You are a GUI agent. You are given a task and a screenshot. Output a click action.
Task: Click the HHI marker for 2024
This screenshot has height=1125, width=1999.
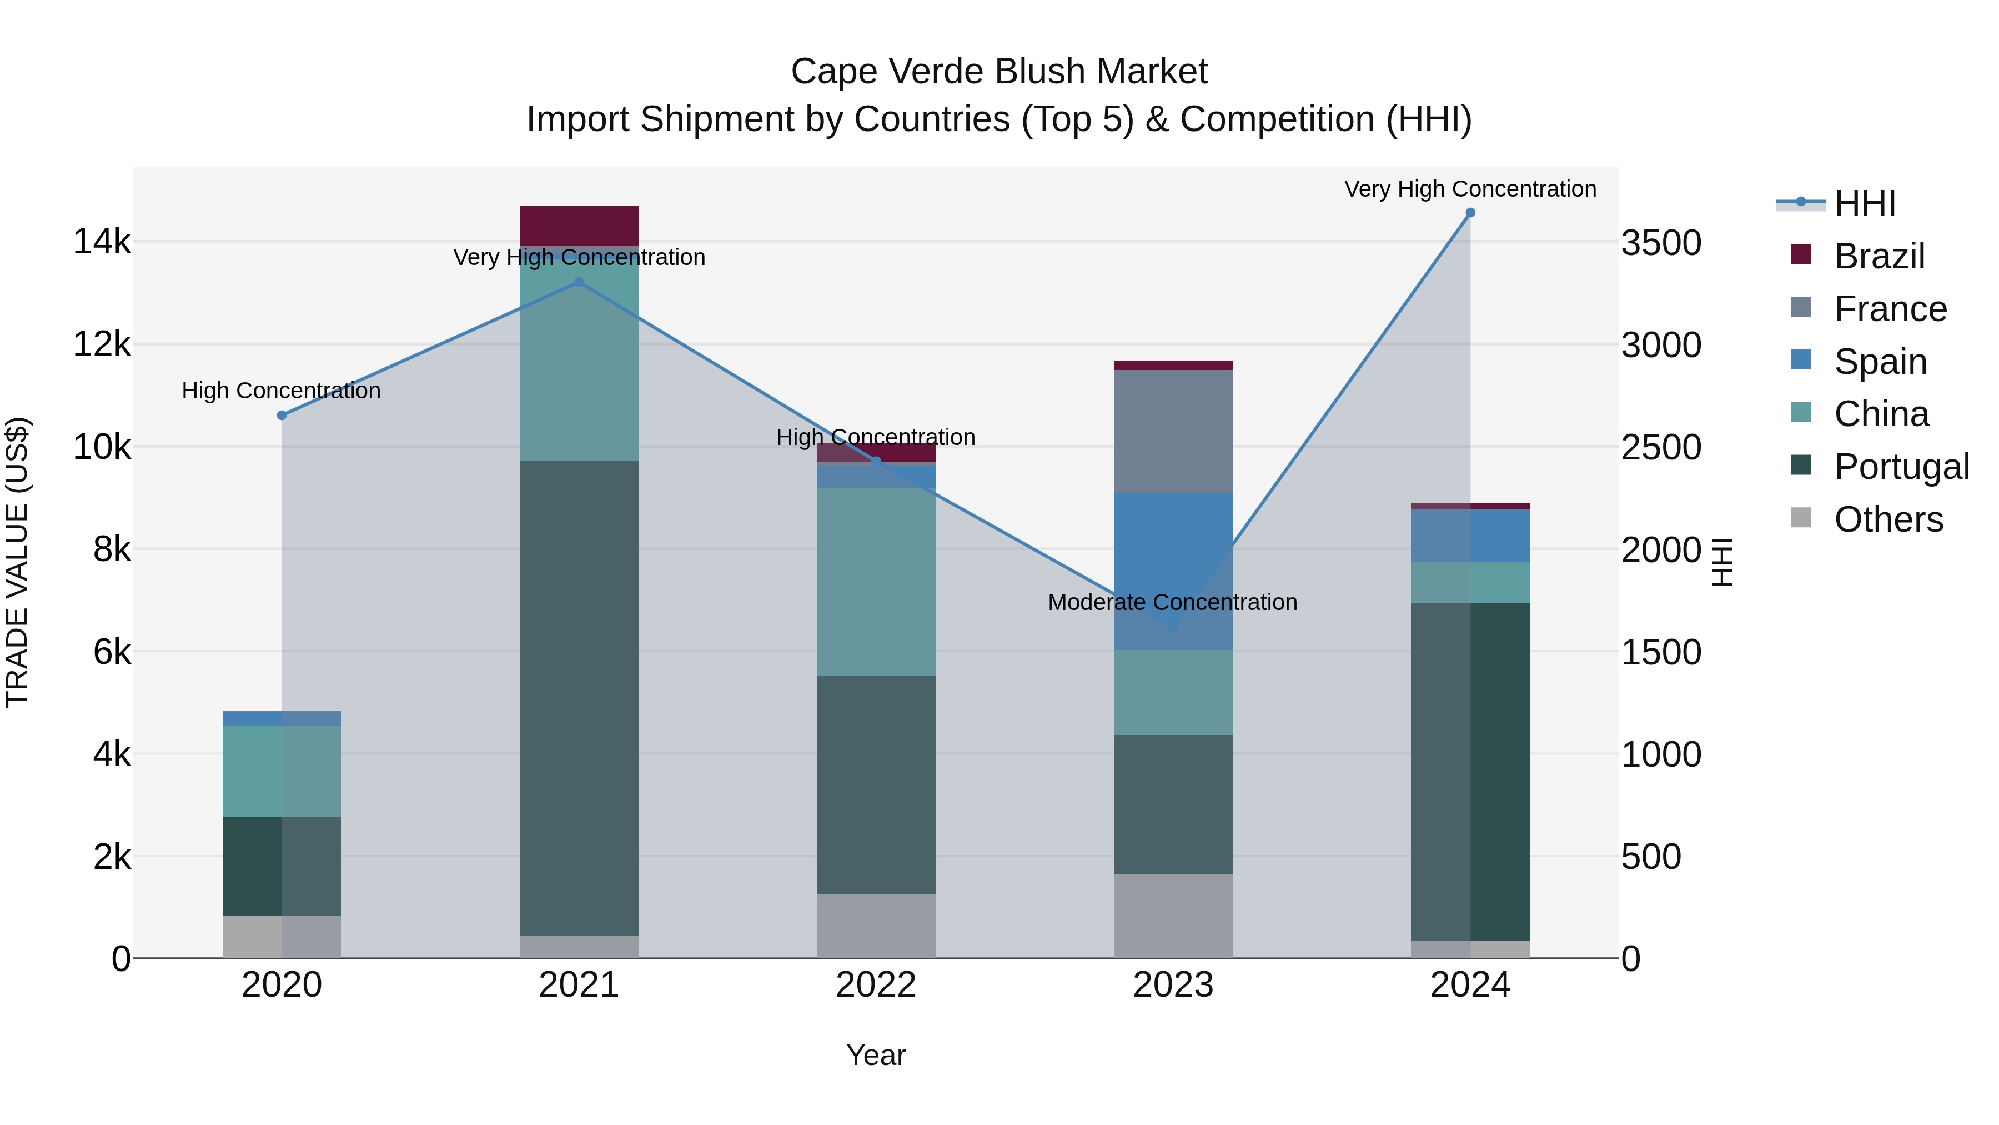click(x=1470, y=213)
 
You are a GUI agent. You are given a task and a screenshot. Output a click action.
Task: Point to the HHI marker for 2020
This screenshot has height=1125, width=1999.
click(x=282, y=416)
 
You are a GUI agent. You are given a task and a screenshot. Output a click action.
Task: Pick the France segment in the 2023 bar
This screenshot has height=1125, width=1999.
click(x=1173, y=431)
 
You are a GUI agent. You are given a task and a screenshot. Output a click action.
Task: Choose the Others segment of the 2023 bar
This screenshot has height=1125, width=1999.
click(x=1173, y=916)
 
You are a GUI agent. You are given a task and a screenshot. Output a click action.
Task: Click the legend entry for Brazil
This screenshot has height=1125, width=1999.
click(x=1879, y=256)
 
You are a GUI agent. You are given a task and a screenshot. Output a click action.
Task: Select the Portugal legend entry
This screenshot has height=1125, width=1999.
click(x=1901, y=467)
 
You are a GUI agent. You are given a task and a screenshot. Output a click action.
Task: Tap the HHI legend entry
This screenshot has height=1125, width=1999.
click(x=1865, y=203)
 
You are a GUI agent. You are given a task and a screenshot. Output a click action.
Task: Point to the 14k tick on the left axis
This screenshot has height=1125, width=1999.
click(x=102, y=242)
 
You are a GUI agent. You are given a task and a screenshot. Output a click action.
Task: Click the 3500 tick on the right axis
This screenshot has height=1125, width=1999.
click(x=1661, y=242)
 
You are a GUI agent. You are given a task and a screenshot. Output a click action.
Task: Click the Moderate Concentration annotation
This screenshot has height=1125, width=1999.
click(x=1172, y=602)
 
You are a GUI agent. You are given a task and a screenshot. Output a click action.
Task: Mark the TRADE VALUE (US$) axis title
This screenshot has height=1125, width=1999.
click(x=17, y=562)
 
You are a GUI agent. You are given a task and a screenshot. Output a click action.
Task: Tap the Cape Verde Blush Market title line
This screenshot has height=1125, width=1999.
click(x=999, y=72)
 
